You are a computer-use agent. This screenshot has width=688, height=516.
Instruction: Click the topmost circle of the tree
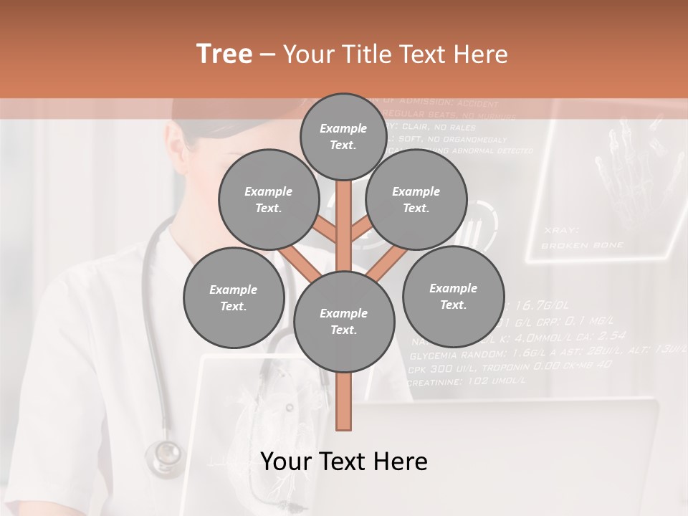(x=343, y=137)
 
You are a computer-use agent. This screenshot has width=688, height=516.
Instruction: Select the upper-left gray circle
(x=268, y=199)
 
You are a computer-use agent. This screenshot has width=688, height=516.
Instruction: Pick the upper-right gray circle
(x=416, y=199)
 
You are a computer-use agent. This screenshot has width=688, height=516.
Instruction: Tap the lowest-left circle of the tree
(x=233, y=297)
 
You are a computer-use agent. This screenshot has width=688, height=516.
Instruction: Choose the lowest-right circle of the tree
(x=453, y=296)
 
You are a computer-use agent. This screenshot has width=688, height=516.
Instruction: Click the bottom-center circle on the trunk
(x=343, y=321)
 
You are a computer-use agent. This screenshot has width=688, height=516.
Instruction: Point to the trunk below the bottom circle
(x=344, y=401)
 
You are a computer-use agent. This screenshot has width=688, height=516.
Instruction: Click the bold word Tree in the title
(x=224, y=54)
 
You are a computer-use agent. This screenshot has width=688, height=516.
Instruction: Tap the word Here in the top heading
(x=482, y=54)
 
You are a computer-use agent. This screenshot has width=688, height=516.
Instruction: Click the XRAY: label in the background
(x=561, y=230)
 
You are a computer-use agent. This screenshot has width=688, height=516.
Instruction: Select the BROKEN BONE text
(x=582, y=245)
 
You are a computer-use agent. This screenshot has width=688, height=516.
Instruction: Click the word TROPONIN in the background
(x=508, y=367)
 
